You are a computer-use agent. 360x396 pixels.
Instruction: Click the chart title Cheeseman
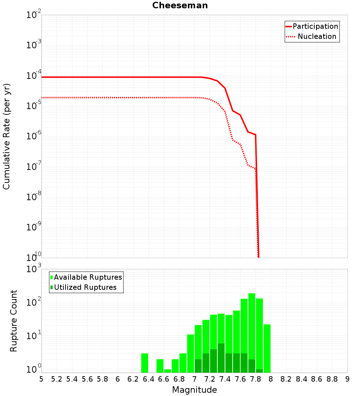tap(180, 5)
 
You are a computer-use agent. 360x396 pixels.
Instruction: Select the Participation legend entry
tap(315, 26)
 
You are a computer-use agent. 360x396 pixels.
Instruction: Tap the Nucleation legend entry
tap(316, 36)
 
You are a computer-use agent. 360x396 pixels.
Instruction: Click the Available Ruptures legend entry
tap(88, 277)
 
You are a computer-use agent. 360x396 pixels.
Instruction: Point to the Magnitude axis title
tap(194, 390)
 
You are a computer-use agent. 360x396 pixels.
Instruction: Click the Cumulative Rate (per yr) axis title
tap(6, 136)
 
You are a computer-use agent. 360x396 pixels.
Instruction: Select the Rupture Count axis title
tap(14, 321)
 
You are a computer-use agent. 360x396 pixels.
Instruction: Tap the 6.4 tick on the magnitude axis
tap(149, 379)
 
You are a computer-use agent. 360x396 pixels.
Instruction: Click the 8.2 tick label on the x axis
tap(286, 379)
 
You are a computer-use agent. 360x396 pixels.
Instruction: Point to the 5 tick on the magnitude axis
tap(41, 379)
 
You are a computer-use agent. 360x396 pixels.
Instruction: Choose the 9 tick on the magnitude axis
tap(347, 379)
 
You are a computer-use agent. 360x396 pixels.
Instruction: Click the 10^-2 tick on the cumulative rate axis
tap(34, 15)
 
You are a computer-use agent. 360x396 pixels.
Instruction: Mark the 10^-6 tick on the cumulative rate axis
tap(34, 136)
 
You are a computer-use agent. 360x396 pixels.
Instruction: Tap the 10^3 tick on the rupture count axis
tap(34, 269)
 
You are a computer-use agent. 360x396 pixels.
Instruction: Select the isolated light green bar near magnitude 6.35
tap(145, 363)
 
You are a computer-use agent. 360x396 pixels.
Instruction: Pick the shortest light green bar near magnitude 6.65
tap(168, 371)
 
